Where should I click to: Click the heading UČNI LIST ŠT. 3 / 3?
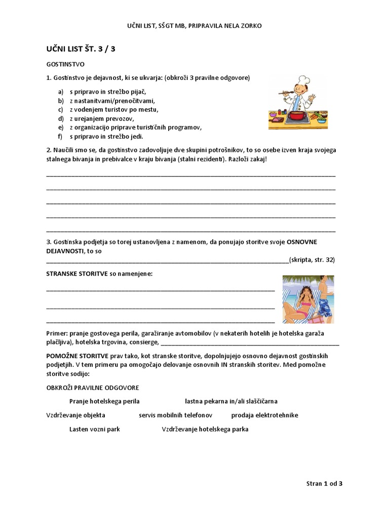click(x=84, y=49)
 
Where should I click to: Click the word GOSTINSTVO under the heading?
click(x=65, y=65)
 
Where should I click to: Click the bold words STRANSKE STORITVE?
click(x=76, y=274)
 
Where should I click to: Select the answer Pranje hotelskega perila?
click(x=104, y=401)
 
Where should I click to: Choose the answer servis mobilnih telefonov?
click(x=175, y=415)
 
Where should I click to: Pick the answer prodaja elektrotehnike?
click(x=264, y=415)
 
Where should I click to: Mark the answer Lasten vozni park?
click(x=95, y=429)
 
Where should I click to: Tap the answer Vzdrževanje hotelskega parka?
click(x=205, y=429)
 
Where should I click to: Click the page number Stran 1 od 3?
click(x=324, y=484)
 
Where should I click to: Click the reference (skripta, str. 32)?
click(x=312, y=260)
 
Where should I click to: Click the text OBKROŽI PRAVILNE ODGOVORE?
click(x=92, y=387)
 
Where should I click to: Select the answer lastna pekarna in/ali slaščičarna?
click(x=231, y=401)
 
